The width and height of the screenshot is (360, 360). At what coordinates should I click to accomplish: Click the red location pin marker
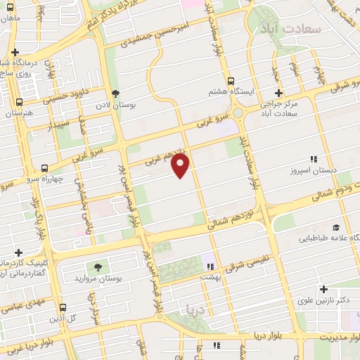point(181,166)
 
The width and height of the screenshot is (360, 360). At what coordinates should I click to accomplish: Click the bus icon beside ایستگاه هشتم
point(231,79)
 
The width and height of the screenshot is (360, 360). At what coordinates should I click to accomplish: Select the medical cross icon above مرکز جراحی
point(278,93)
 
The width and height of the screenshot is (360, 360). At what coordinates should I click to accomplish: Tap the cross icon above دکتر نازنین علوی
point(323,289)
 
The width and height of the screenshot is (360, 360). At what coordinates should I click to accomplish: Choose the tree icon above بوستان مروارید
point(97,267)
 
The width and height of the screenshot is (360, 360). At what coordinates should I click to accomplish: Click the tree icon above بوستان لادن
point(116,94)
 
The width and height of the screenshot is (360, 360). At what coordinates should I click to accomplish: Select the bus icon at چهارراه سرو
point(45,168)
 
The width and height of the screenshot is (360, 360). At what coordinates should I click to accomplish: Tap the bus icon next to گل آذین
point(63,307)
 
